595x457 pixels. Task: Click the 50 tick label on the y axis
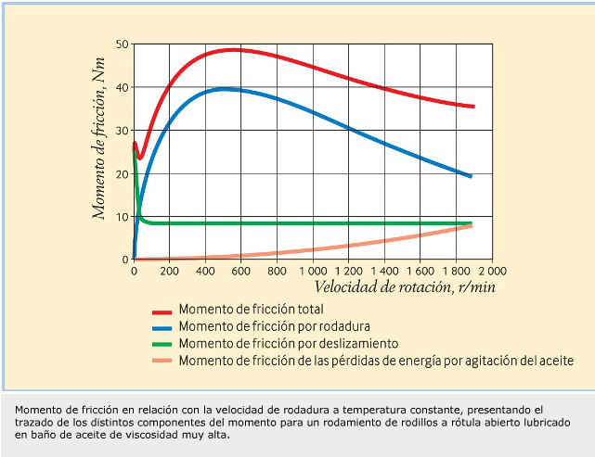coord(122,44)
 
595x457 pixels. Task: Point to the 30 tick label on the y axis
coord(122,131)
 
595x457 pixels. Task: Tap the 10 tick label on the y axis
coord(122,217)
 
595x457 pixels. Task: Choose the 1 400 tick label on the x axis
coord(384,272)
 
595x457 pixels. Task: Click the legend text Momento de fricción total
coord(251,311)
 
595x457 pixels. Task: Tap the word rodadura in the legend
coord(343,327)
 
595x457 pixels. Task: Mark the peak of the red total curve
coord(232,49)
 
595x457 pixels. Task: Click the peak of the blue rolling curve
coord(223,89)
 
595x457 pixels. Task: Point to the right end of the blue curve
coord(471,176)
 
